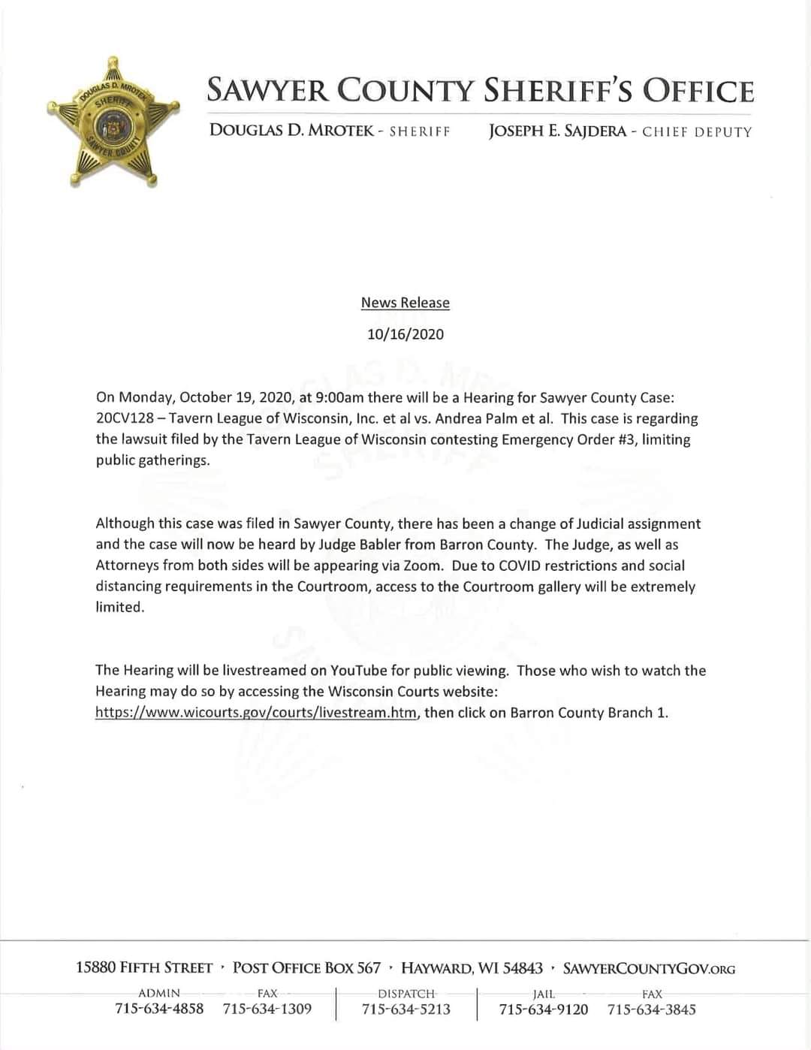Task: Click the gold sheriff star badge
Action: pos(113,122)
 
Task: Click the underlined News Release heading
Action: pos(405,303)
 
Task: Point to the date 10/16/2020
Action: pos(405,334)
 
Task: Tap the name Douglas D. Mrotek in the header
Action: pos(291,131)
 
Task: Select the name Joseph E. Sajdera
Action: pos(557,131)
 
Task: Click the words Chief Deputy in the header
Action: pos(696,132)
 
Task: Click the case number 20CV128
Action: pos(124,418)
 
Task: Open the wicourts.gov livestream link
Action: pos(255,712)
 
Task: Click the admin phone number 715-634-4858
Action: pos(159,1009)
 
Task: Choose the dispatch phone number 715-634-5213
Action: pos(406,1009)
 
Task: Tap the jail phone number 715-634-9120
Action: pos(544,1009)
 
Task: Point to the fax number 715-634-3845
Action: pos(652,1009)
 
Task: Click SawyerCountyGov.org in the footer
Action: pos(649,968)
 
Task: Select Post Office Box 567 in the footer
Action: pos(306,967)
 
